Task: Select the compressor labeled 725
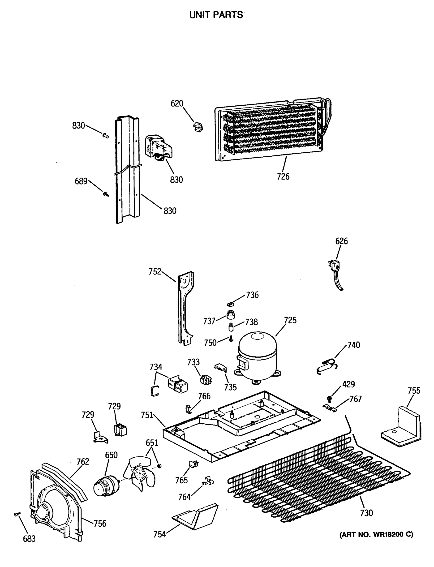tap(257, 357)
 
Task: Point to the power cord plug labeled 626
tap(335, 266)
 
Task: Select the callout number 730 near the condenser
tap(366, 513)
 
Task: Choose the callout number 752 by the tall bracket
tap(155, 272)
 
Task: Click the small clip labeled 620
tap(198, 127)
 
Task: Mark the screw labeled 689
tap(105, 194)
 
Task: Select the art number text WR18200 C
tap(376, 534)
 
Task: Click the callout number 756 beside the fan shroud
tap(100, 524)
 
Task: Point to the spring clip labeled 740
tap(327, 367)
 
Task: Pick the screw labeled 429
tap(329, 398)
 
